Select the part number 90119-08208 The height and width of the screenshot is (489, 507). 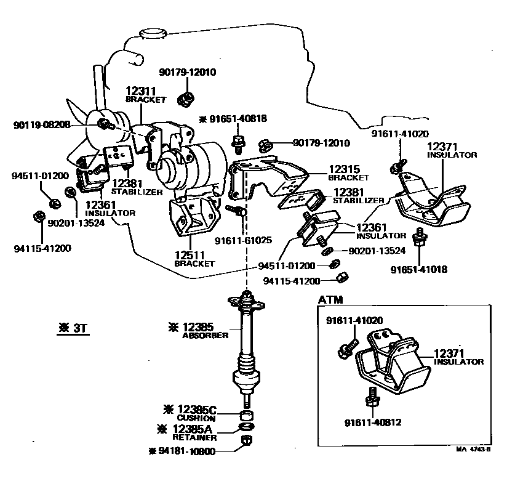42,125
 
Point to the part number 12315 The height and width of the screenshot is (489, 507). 343,168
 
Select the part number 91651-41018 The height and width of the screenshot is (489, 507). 419,269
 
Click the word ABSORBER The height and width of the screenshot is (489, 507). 206,336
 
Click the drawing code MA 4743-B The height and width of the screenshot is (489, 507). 473,449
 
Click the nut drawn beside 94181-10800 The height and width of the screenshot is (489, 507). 246,441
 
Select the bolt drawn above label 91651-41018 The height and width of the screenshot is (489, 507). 420,238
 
